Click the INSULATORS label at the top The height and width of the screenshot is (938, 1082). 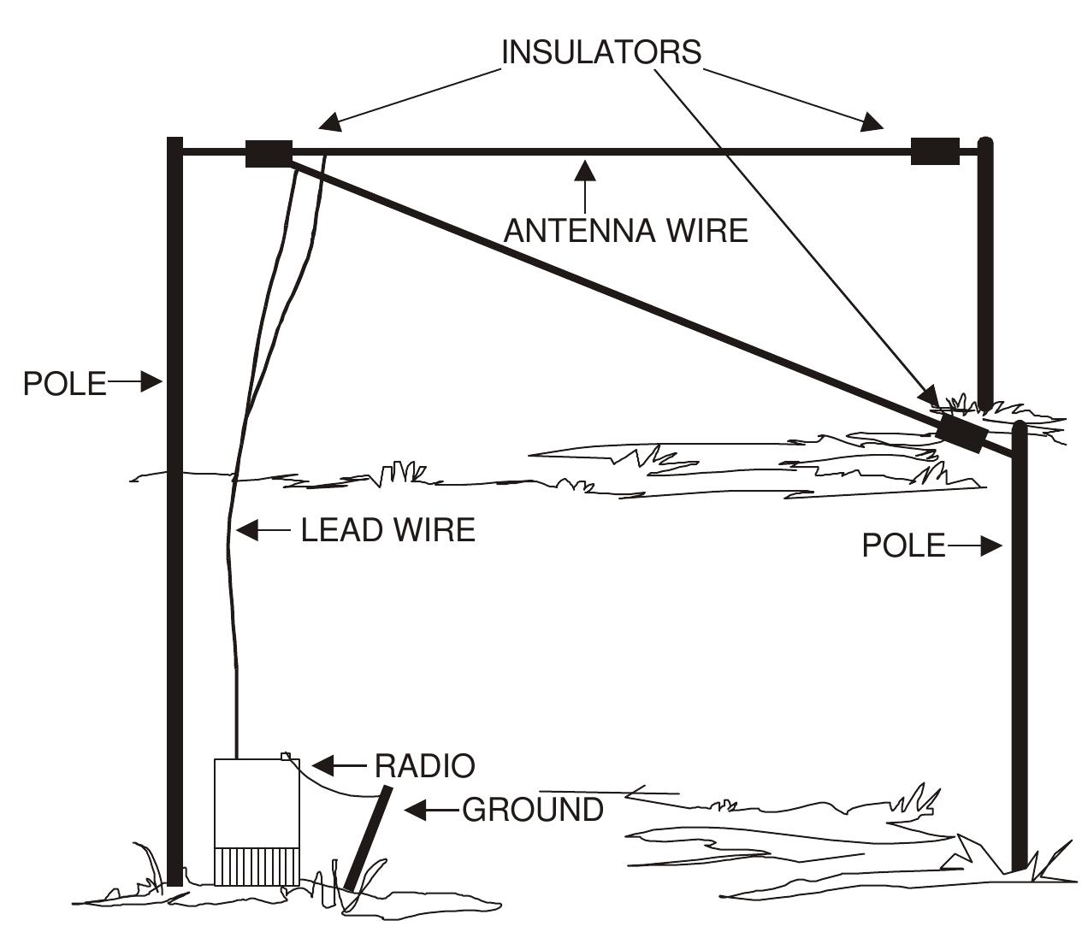pyautogui.click(x=600, y=52)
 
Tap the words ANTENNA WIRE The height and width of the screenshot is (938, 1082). pyautogui.click(x=625, y=231)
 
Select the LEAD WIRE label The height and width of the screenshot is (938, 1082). pyautogui.click(x=387, y=530)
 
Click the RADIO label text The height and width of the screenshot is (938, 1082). pyautogui.click(x=424, y=765)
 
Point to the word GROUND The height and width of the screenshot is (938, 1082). pyautogui.click(x=532, y=810)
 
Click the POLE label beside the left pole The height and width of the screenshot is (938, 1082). pyautogui.click(x=64, y=384)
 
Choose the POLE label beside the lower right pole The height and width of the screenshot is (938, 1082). pyautogui.click(x=902, y=546)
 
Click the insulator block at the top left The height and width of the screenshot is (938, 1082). pyautogui.click(x=269, y=153)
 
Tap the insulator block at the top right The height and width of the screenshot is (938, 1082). pyautogui.click(x=934, y=151)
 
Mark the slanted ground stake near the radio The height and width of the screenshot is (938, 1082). pyautogui.click(x=369, y=838)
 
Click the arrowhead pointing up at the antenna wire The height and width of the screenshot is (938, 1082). pyautogui.click(x=585, y=169)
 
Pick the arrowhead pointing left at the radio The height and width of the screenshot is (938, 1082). pyautogui.click(x=322, y=764)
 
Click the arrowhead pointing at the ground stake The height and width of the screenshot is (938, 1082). pyautogui.click(x=415, y=810)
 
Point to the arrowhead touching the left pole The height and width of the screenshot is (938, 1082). pyautogui.click(x=151, y=381)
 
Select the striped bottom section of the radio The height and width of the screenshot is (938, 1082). pyautogui.click(x=256, y=866)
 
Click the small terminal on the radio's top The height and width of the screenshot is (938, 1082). pyautogui.click(x=286, y=755)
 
